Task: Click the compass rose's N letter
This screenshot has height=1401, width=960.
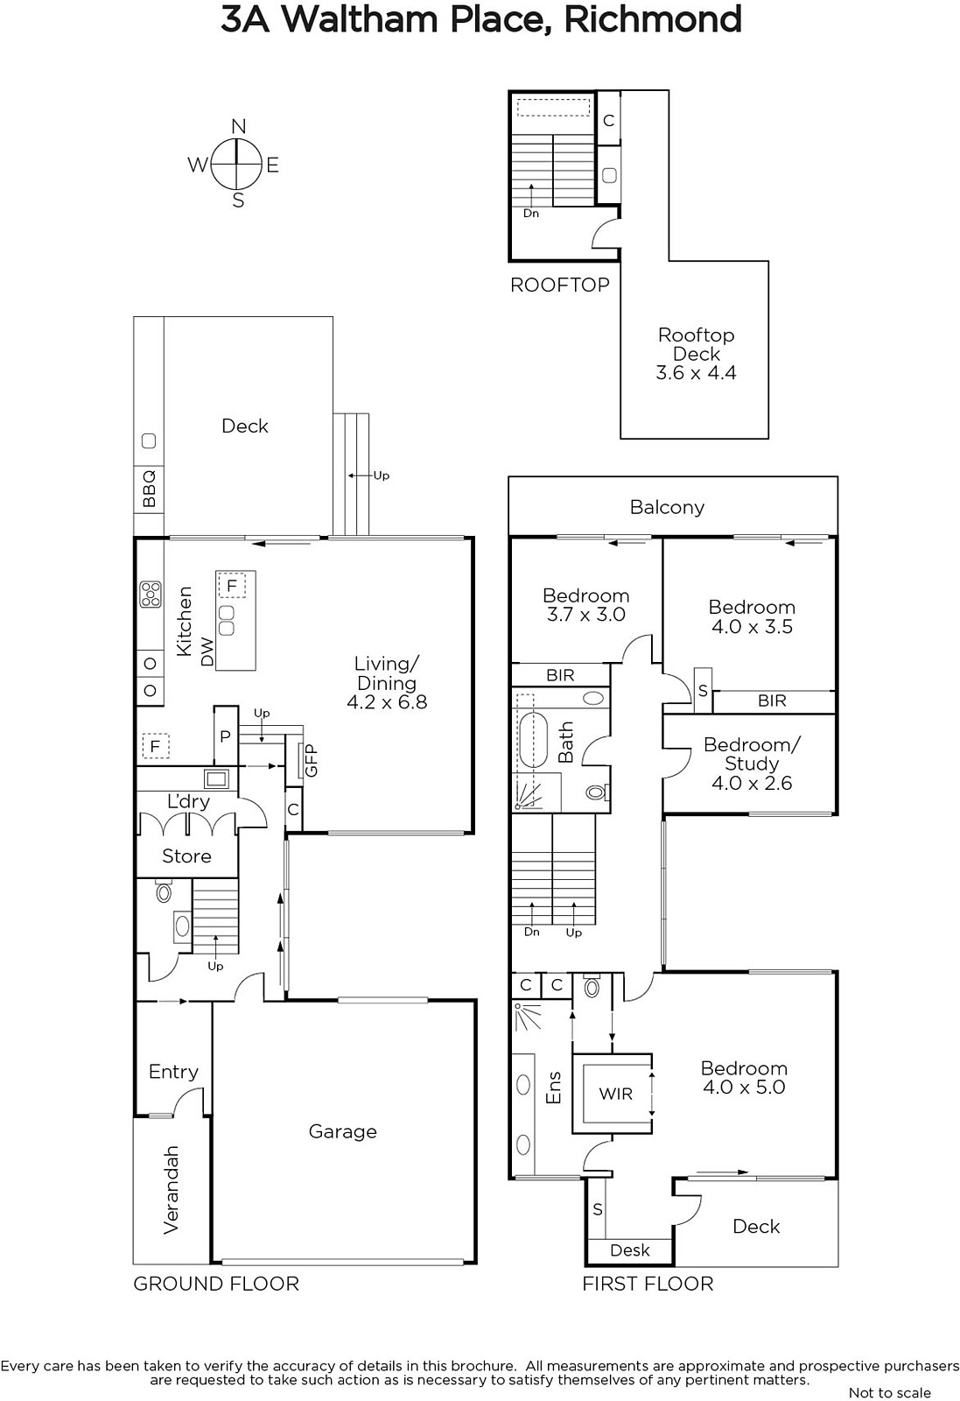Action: [238, 127]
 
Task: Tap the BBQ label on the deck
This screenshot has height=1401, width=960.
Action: [149, 489]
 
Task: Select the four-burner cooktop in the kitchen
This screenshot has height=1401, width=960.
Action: [150, 595]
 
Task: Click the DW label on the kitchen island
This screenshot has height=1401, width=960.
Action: [207, 651]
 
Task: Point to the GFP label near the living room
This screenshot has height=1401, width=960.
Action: [311, 761]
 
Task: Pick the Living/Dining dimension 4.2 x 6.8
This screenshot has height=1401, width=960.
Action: [387, 701]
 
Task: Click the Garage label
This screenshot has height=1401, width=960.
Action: [342, 1132]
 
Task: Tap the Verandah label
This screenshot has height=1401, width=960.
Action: [171, 1190]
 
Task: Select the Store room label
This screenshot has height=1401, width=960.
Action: [186, 856]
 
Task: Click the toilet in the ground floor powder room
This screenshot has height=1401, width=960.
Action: [164, 891]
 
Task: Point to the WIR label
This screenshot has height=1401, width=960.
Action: [615, 1094]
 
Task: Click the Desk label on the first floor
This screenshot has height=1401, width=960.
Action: [630, 1250]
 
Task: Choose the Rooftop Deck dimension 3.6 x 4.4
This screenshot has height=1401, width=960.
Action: [696, 373]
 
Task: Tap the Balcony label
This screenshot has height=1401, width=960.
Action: [667, 507]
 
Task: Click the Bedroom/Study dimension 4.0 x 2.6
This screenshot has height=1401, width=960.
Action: [752, 783]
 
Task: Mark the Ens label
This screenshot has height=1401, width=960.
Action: [554, 1088]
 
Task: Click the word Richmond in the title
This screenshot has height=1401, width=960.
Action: [653, 20]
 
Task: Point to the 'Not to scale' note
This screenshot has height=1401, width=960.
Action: [889, 1392]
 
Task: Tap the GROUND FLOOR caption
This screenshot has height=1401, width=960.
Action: [216, 1284]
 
